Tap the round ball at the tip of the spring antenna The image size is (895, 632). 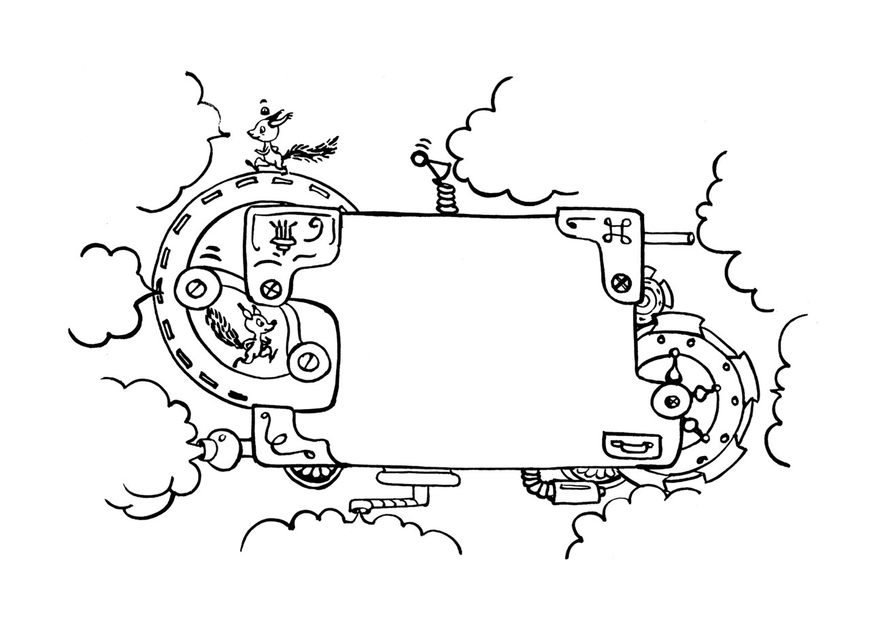point(418,160)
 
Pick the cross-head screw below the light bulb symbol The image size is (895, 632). point(271,289)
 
